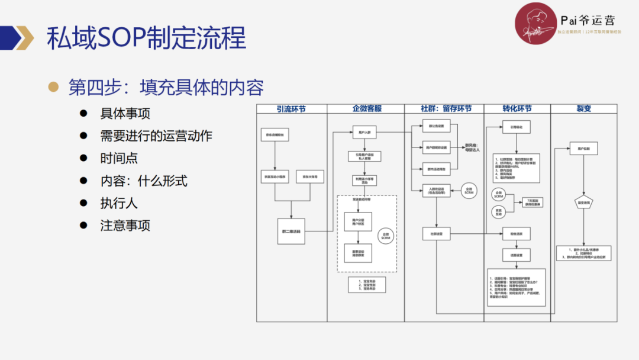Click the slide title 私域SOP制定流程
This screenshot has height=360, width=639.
point(146,37)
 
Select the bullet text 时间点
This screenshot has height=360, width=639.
point(119,159)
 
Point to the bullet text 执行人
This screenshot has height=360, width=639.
point(119,203)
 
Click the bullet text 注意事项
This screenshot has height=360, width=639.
point(125,226)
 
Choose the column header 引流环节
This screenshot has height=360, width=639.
point(292,109)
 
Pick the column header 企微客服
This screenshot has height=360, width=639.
point(367,109)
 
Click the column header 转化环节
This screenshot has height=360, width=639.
point(517,109)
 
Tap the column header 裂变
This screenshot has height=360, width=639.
point(583,109)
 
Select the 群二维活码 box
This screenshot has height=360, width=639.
point(291,231)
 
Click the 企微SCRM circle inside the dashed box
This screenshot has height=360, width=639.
point(387,235)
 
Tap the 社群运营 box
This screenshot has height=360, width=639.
point(437,234)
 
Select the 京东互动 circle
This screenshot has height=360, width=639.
point(498,211)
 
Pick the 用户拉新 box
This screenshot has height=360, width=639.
point(583,149)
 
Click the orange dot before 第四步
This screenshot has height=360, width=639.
point(54,87)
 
